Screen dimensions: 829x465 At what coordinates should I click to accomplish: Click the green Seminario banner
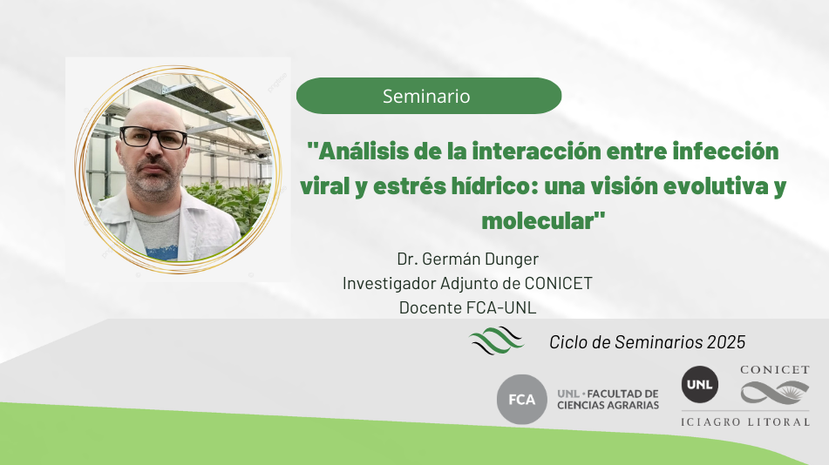click(429, 96)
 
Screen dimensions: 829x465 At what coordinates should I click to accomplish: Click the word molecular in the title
click(537, 221)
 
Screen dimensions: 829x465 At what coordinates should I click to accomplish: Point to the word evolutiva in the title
click(716, 186)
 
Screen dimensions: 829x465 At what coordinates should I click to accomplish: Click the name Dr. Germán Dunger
click(468, 259)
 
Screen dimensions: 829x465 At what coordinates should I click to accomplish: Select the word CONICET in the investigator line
click(558, 283)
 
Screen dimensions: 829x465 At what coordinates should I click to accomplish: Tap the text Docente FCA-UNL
click(468, 307)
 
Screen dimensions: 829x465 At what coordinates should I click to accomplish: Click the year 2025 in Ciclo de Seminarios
click(726, 342)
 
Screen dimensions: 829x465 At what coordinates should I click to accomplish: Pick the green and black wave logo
click(496, 340)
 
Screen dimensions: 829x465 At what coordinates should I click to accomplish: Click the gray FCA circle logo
click(522, 400)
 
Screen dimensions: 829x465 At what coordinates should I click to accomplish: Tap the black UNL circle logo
click(699, 385)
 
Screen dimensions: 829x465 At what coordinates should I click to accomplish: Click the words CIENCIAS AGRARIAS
click(608, 405)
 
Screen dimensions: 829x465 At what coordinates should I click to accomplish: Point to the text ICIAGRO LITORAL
click(745, 421)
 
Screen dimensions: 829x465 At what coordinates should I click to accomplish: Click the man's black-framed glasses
click(153, 138)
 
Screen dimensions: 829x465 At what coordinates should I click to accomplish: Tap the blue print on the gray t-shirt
click(162, 252)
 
